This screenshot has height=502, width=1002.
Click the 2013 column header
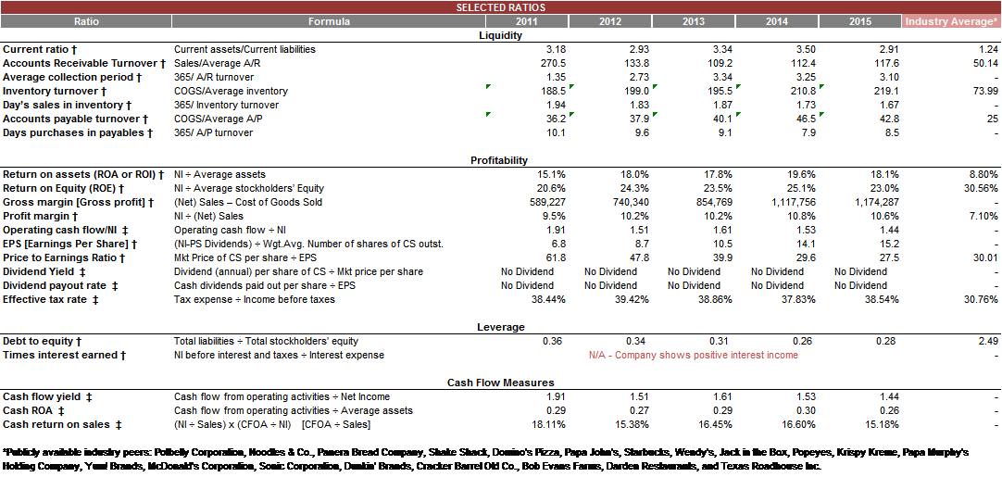693,21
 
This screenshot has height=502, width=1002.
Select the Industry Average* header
951,21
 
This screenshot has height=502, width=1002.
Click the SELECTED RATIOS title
500,7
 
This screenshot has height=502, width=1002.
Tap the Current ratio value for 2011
556,49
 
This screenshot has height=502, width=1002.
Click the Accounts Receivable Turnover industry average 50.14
984,63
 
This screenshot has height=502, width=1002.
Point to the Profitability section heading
499,160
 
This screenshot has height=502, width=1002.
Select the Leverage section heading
500,327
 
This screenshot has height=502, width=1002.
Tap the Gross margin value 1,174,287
876,202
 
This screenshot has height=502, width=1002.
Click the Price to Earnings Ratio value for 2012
639,257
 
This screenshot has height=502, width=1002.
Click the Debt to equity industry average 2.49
988,341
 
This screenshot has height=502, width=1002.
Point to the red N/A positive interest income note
693,355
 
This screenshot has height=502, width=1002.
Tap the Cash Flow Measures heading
500,383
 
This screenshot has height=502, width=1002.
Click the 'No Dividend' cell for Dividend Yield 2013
694,271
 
